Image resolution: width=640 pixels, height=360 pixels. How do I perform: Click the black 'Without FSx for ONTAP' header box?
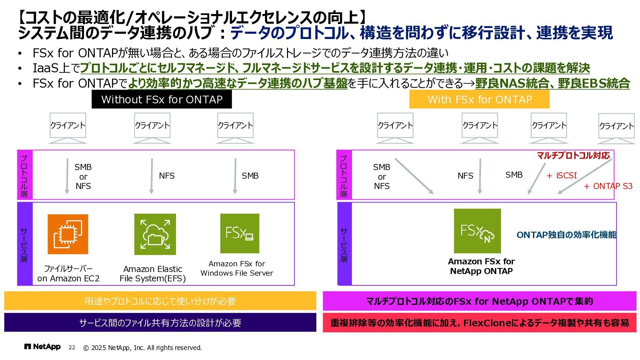162,99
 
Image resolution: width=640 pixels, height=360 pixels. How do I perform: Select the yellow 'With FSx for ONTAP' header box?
479,99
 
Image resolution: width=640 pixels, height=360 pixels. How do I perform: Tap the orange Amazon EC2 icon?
68,234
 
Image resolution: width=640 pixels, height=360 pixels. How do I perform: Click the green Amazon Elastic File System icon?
155,234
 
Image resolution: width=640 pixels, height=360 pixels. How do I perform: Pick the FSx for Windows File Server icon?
240,233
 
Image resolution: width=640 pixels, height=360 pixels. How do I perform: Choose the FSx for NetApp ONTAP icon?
477,231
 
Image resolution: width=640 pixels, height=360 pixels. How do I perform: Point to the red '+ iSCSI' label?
562,175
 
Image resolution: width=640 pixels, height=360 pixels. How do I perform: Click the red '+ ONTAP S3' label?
608,186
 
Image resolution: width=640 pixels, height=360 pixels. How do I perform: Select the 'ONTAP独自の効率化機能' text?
566,235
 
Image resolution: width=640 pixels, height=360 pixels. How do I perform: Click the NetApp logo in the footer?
42,347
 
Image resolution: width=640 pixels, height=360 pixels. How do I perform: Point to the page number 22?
72,348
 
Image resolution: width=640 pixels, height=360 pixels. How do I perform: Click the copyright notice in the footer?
142,348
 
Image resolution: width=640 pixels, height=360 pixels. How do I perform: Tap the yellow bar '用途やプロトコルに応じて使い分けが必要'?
160,301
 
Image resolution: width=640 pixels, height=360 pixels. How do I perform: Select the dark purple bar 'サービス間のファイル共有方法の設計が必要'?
160,322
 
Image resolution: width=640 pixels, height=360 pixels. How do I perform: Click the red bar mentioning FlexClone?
479,322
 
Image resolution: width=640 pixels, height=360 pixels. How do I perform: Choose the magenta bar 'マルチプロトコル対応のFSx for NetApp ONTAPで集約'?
479,301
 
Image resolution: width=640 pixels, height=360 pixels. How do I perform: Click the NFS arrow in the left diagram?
152,176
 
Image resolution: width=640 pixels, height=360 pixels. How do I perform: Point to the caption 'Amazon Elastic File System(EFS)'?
153,274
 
